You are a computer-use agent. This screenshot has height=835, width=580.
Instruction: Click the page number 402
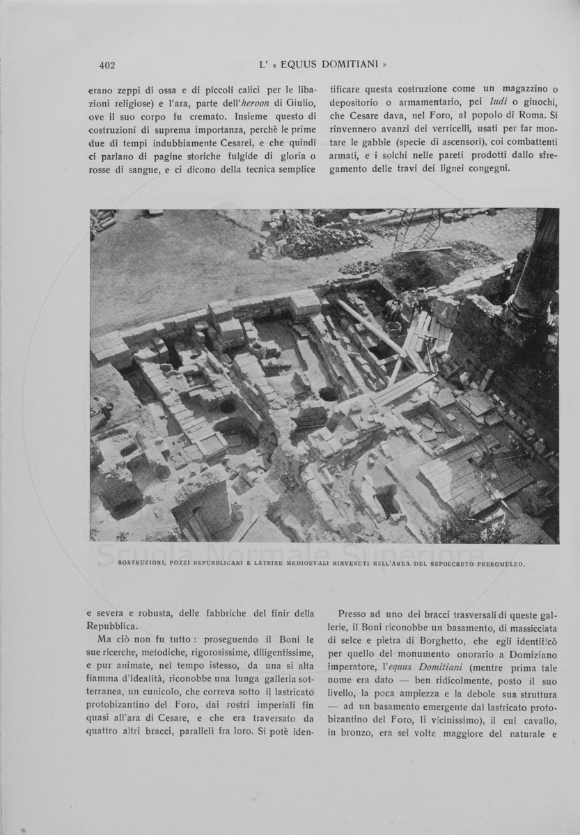click(x=107, y=65)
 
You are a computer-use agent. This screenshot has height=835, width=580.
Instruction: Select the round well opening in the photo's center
click(x=329, y=395)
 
